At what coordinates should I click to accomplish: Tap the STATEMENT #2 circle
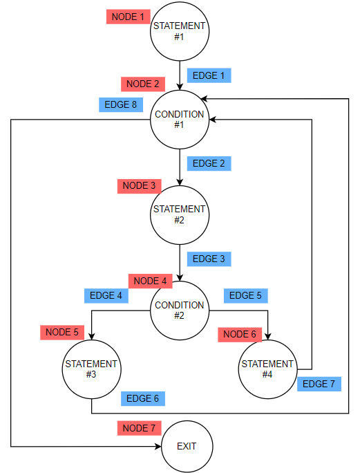[179, 214]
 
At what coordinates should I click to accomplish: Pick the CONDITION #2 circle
[179, 310]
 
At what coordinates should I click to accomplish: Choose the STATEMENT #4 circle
[267, 369]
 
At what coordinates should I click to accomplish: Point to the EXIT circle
[186, 446]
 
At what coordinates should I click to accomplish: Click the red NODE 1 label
[128, 17]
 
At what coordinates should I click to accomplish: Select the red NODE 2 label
[142, 84]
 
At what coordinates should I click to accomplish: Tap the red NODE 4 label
[149, 281]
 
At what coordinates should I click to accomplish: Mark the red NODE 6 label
[240, 335]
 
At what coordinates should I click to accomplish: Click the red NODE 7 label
[138, 428]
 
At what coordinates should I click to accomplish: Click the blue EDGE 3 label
[209, 259]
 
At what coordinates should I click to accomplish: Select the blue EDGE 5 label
[245, 295]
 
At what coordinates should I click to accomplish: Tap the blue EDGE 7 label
[319, 384]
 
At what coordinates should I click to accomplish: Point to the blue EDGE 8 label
[120, 105]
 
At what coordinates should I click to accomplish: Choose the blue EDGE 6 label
[142, 398]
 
